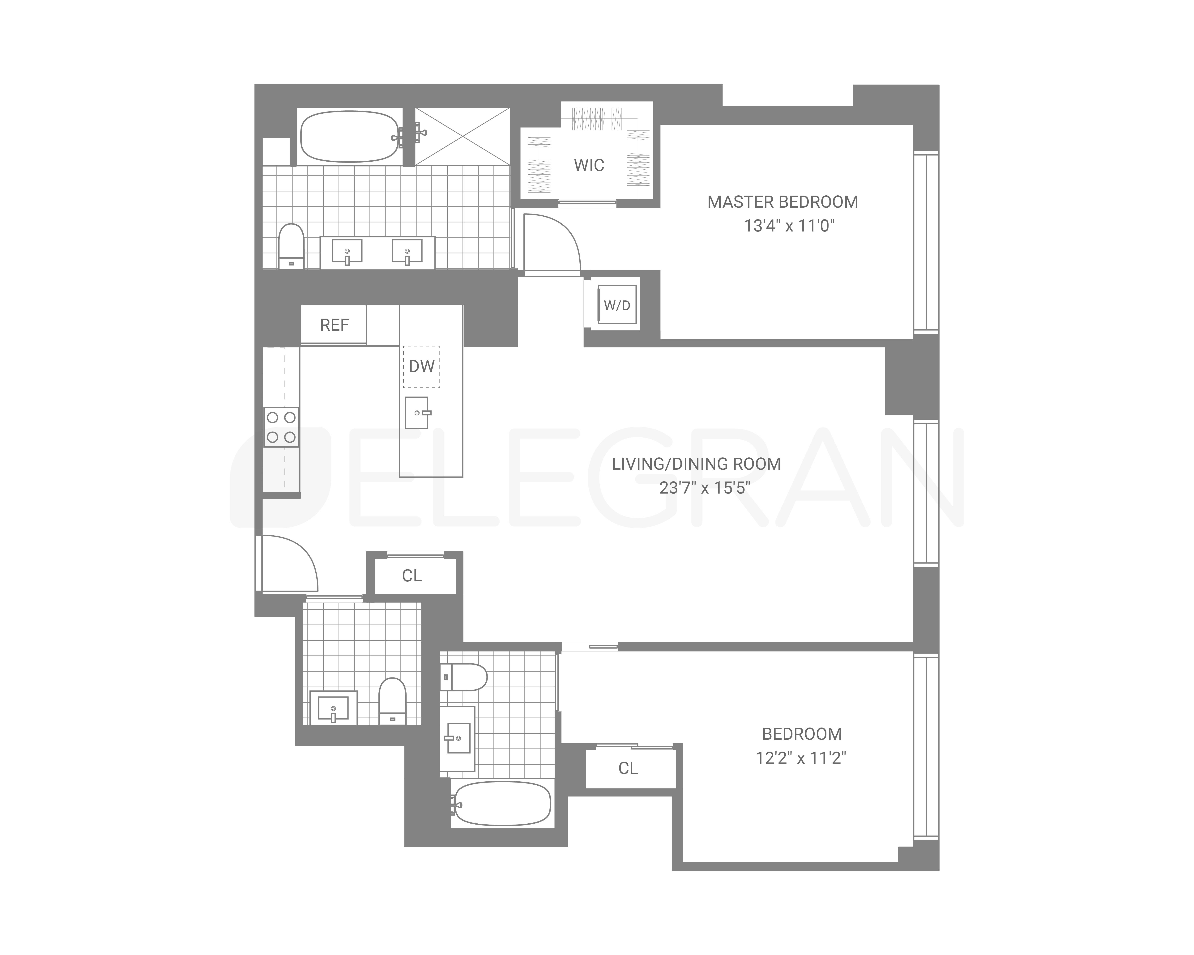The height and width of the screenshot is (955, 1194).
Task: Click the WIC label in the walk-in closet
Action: click(x=589, y=165)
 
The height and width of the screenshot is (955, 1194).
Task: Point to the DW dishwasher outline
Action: click(x=421, y=367)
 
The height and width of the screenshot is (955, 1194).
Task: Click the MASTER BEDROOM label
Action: click(x=782, y=202)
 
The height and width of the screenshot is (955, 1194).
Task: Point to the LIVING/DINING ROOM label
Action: click(x=696, y=464)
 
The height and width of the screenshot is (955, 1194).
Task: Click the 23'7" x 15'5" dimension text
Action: click(x=704, y=488)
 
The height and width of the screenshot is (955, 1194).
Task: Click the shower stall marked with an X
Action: click(x=463, y=136)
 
